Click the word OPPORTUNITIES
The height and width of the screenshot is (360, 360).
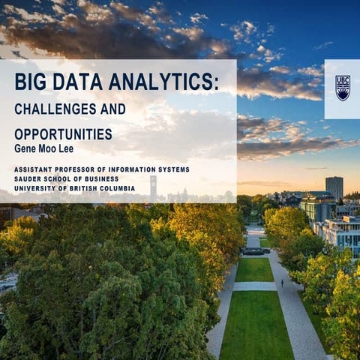63,134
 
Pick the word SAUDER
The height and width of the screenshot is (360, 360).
32,179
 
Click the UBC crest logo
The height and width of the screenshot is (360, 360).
342,88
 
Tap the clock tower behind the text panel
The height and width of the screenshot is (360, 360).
153,187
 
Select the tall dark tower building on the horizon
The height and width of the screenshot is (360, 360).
334,187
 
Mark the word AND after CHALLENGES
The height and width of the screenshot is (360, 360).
112,109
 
